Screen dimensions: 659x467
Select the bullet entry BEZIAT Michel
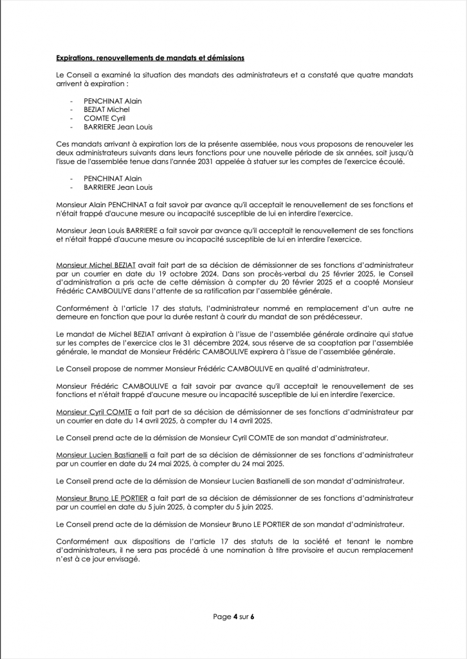coord(107,109)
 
